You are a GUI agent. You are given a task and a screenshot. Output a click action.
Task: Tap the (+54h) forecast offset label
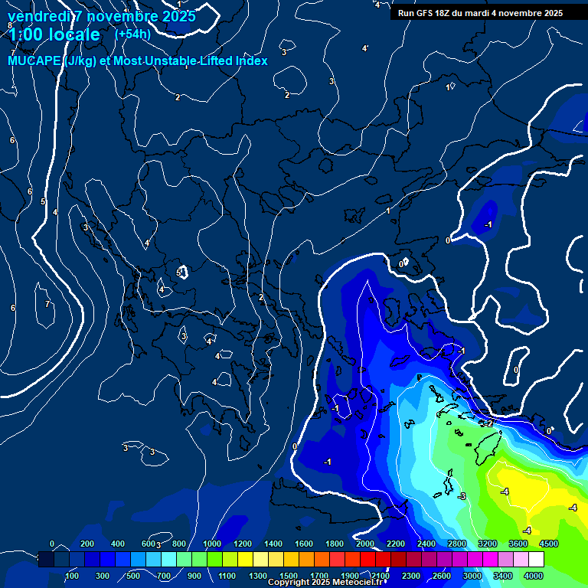132,34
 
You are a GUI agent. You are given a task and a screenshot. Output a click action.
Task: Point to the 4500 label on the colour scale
548,544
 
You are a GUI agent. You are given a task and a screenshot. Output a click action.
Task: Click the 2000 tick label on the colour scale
364,544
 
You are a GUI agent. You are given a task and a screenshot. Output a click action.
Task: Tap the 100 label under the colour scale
72,575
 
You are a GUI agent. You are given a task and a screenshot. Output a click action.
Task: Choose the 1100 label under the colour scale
227,575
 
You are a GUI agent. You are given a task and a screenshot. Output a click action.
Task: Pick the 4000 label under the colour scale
533,575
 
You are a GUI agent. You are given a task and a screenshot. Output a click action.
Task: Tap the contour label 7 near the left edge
47,304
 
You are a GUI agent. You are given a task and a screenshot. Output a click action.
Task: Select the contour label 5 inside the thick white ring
178,273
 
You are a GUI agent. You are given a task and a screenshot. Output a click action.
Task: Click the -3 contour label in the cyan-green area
462,497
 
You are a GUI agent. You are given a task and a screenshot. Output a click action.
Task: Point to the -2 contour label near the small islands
488,423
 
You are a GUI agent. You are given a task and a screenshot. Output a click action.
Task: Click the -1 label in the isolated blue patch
488,224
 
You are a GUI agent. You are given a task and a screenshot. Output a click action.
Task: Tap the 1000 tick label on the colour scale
211,544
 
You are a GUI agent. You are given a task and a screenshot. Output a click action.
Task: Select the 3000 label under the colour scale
472,575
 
